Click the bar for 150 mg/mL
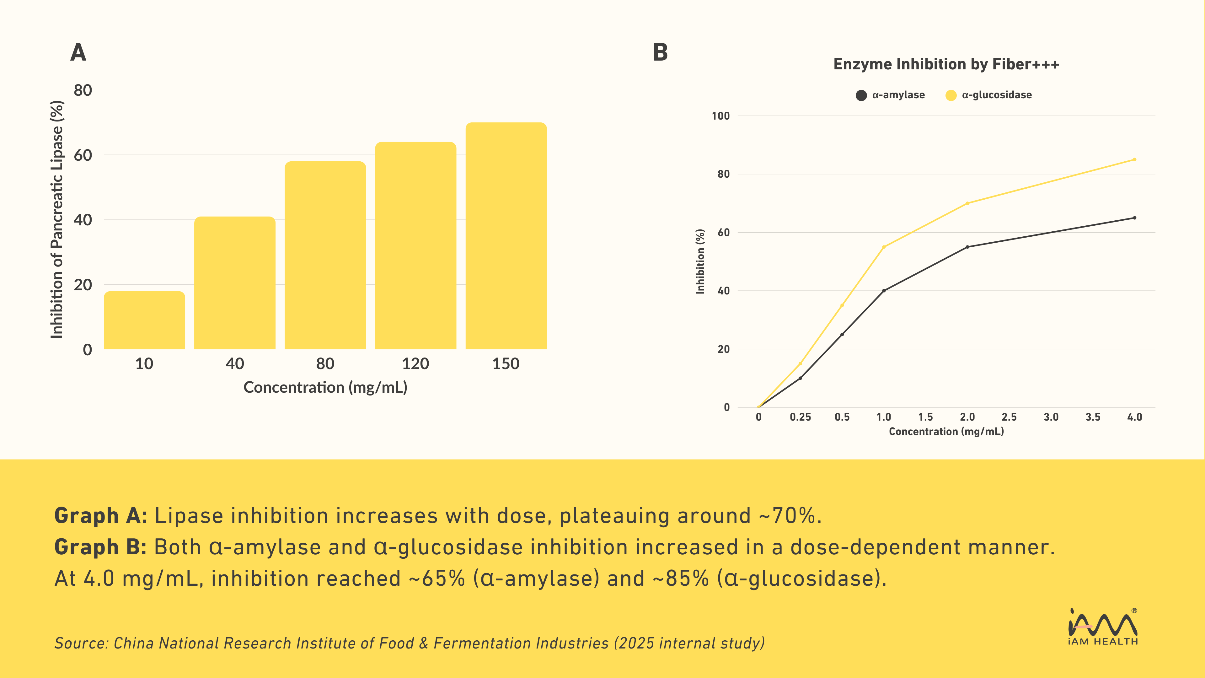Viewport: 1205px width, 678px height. (x=506, y=236)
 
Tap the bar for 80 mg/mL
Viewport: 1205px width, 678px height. (x=325, y=256)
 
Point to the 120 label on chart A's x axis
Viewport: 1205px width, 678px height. (x=415, y=363)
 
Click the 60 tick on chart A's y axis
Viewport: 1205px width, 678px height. (x=83, y=155)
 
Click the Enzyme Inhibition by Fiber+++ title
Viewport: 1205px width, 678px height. (x=946, y=64)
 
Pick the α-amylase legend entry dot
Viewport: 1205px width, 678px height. (x=861, y=95)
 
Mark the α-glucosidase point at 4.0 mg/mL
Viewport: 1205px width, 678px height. (x=1134, y=159)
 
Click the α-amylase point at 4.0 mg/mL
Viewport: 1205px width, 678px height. (x=1134, y=218)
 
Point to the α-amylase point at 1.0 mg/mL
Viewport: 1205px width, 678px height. (x=884, y=291)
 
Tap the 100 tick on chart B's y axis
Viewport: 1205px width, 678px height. (x=720, y=116)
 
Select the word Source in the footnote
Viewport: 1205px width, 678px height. (x=80, y=643)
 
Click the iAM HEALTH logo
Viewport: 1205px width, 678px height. (x=1103, y=627)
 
